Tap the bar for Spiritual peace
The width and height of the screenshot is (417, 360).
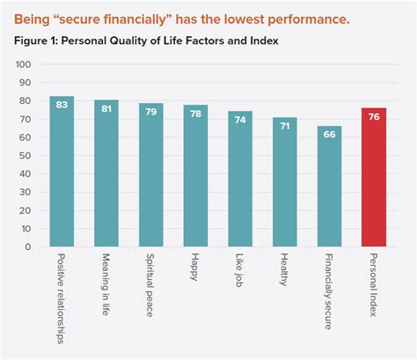[x=151, y=175]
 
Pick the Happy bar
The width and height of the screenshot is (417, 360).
[x=195, y=176]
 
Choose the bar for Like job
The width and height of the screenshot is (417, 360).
[x=240, y=180]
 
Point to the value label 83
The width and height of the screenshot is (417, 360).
[x=62, y=106]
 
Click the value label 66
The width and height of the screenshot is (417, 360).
[x=330, y=136]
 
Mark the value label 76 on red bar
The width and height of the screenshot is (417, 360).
[x=375, y=118]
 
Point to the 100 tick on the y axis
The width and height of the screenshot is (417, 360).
[x=24, y=65]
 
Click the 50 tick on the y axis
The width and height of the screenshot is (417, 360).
[x=26, y=156]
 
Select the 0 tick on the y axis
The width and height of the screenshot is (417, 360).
[x=29, y=247]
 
